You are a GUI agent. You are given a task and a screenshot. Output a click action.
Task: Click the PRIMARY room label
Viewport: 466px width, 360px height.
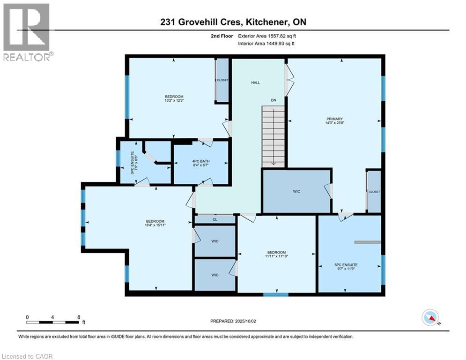click(335, 119)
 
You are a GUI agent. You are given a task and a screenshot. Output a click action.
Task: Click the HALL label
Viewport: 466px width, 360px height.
click(255, 82)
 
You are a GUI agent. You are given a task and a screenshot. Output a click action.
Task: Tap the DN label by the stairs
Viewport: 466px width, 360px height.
click(274, 100)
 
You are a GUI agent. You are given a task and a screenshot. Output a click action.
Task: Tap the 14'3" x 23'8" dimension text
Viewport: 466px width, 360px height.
click(335, 123)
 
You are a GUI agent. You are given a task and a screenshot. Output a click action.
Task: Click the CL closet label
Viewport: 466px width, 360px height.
click(215, 219)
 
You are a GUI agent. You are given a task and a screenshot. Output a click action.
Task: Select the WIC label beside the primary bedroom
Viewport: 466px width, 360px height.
click(296, 191)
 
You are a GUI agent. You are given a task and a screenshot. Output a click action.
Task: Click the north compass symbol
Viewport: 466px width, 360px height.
click(430, 318)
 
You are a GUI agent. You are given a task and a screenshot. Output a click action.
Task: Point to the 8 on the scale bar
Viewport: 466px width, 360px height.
click(78, 316)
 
